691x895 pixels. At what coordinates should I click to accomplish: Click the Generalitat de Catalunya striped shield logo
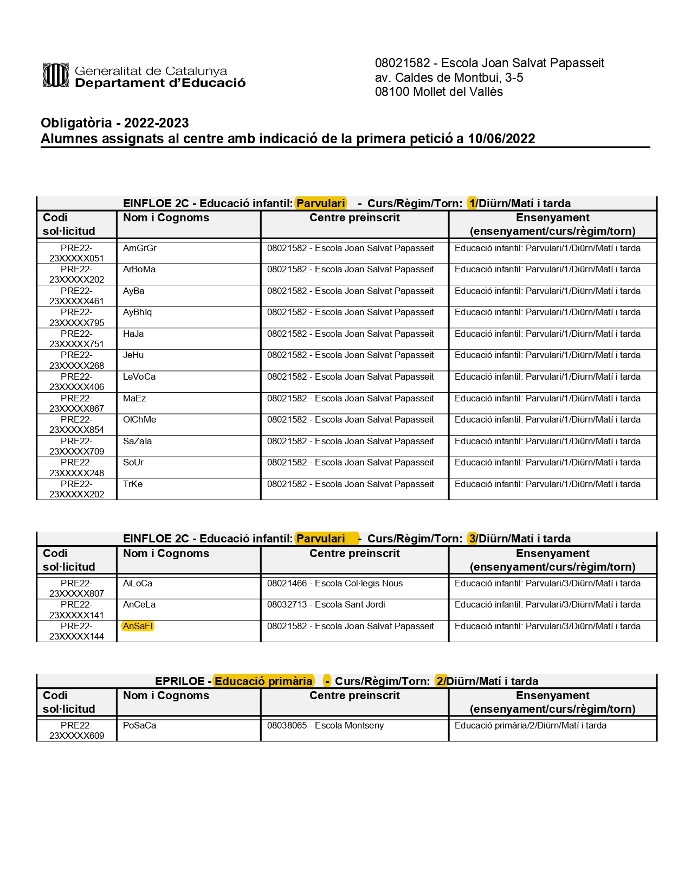[55, 75]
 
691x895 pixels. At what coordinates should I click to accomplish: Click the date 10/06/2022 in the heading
[501, 139]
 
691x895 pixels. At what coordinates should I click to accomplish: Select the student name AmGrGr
[140, 248]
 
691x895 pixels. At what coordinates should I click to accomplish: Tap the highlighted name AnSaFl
[138, 627]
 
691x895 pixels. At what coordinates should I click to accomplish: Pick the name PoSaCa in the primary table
[139, 726]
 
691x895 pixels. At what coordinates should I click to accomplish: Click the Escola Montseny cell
[325, 726]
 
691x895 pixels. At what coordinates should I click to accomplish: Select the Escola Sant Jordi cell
[326, 605]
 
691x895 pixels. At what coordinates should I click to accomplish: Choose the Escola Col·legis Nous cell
[335, 584]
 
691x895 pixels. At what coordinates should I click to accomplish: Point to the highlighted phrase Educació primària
[263, 681]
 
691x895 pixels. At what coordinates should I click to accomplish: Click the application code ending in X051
[76, 253]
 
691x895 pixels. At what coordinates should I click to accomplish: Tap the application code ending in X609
[76, 731]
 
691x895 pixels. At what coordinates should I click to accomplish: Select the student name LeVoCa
[139, 377]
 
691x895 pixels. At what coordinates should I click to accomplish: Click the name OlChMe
[139, 420]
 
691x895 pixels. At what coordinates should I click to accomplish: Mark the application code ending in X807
[76, 589]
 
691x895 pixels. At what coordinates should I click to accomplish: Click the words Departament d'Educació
[160, 83]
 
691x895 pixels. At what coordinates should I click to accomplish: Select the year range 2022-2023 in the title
[156, 123]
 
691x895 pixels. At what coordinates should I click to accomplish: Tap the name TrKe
[133, 484]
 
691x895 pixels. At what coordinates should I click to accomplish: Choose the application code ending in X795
[76, 318]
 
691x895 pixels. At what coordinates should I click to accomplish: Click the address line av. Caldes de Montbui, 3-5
[449, 78]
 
